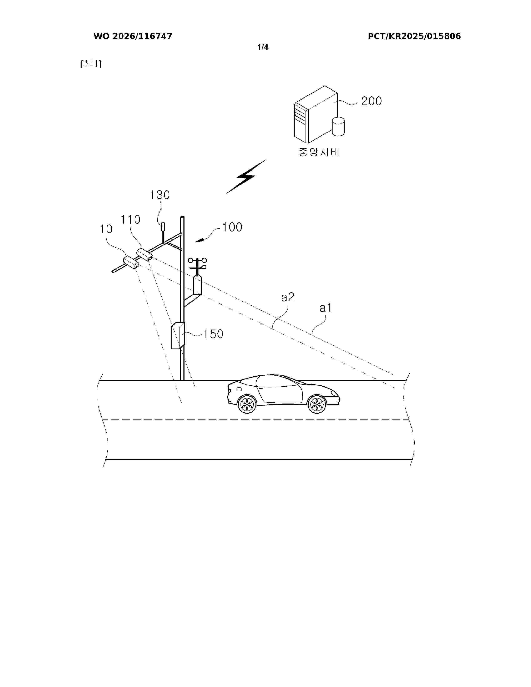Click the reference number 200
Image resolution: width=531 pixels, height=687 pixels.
coord(371,101)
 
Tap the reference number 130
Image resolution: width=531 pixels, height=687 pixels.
coord(160,195)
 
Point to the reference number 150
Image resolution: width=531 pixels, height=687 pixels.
coord(213,334)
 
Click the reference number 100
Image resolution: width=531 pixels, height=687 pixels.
coord(232,227)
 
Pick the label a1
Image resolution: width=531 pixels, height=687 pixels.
coord(326,308)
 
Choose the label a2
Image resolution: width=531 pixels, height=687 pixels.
coord(288,297)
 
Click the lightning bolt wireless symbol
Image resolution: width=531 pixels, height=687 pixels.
coord(246,177)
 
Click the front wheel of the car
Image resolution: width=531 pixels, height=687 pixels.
coord(317,404)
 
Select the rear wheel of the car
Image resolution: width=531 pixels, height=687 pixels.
coord(247,404)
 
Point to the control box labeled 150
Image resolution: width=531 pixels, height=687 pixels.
coord(178,335)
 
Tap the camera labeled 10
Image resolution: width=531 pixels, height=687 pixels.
coord(131,262)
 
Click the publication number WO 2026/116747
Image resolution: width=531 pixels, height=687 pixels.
coord(133,36)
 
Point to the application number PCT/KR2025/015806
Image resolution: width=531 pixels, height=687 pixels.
coord(414,36)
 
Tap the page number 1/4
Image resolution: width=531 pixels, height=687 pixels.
coord(263,47)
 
